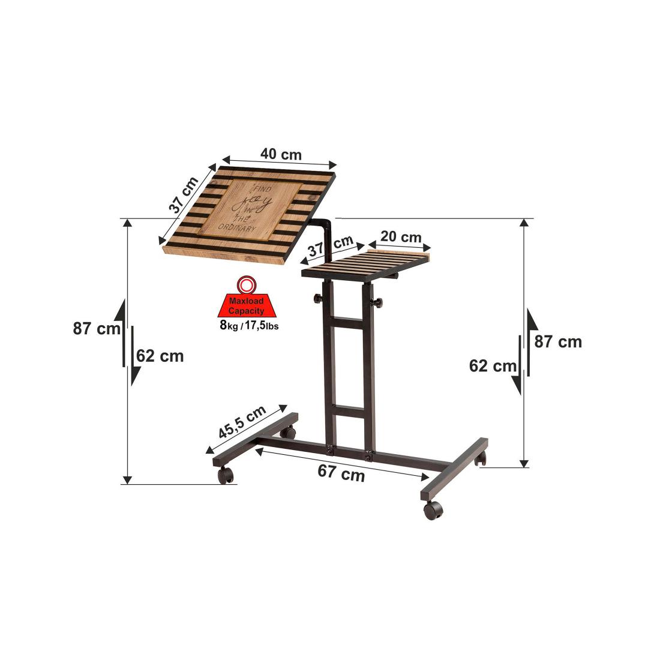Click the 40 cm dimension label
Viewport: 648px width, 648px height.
pos(281,155)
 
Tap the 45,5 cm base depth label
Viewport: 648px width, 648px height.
pos(242,422)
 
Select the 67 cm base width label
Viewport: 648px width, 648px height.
pos(341,473)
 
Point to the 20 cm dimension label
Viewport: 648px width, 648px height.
pos(401,237)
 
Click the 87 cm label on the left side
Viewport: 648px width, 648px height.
pos(97,329)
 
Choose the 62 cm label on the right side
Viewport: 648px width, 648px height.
pos(493,366)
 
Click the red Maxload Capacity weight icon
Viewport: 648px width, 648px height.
pos(247,297)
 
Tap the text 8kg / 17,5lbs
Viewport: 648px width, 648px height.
pos(249,325)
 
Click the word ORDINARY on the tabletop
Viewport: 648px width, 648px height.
pos(237,228)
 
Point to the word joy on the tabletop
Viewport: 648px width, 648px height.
pos(251,203)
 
